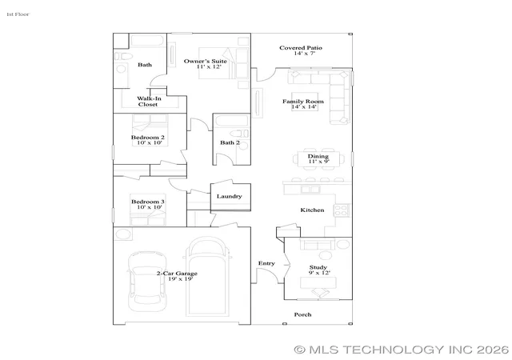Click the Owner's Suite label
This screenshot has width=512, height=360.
point(205,61)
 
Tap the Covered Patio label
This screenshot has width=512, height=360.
point(301,48)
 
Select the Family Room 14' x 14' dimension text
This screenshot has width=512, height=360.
point(304,106)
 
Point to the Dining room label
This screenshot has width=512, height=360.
point(318,156)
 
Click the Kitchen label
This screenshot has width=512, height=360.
point(312,210)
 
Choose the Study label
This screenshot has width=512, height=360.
point(318,267)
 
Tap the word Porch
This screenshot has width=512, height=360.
point(302,314)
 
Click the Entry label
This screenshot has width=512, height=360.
point(266,263)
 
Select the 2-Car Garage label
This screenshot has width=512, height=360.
point(177,274)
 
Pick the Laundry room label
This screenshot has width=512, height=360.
point(230,196)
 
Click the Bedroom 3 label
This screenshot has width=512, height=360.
point(147,202)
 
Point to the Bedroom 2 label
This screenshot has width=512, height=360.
point(147,138)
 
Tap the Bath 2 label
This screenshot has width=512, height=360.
point(230,142)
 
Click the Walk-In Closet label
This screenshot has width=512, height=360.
point(149,102)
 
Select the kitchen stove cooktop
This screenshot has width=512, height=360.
point(342,210)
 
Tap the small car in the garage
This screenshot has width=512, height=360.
point(147,282)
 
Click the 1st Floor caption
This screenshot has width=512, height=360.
point(18,14)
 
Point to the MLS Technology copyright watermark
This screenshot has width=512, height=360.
point(402,350)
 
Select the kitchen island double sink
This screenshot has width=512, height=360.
point(310,190)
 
